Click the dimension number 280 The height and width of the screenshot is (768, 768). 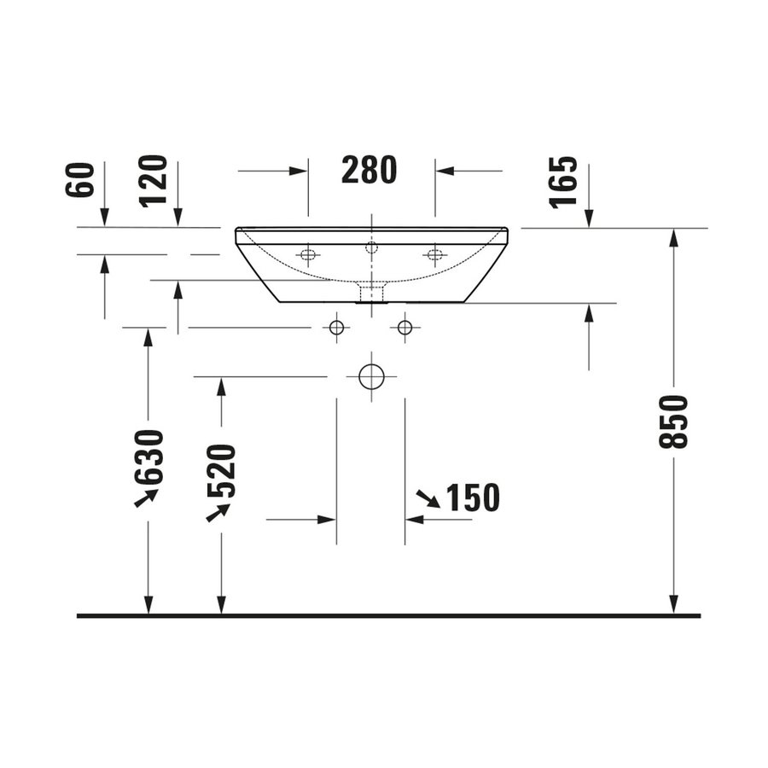tap(369, 171)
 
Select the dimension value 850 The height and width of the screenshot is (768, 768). tap(673, 422)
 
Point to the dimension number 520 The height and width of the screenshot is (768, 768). tap(221, 470)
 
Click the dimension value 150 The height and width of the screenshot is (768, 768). tap(471, 497)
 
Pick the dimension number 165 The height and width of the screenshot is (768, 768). tap(564, 182)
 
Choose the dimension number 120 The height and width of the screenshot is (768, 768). tap(154, 180)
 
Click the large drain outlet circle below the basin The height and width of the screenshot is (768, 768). tap(371, 375)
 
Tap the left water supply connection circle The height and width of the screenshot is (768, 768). tap(336, 327)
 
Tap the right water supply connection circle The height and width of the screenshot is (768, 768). tap(404, 327)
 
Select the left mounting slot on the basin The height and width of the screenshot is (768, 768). tap(307, 253)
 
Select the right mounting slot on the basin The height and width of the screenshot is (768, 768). tap(434, 253)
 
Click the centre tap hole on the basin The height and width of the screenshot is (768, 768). tap(371, 247)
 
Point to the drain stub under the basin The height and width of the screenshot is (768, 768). tap(371, 294)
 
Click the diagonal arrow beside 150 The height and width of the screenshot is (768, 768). tap(428, 499)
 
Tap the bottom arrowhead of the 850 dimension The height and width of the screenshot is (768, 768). tap(673, 604)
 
